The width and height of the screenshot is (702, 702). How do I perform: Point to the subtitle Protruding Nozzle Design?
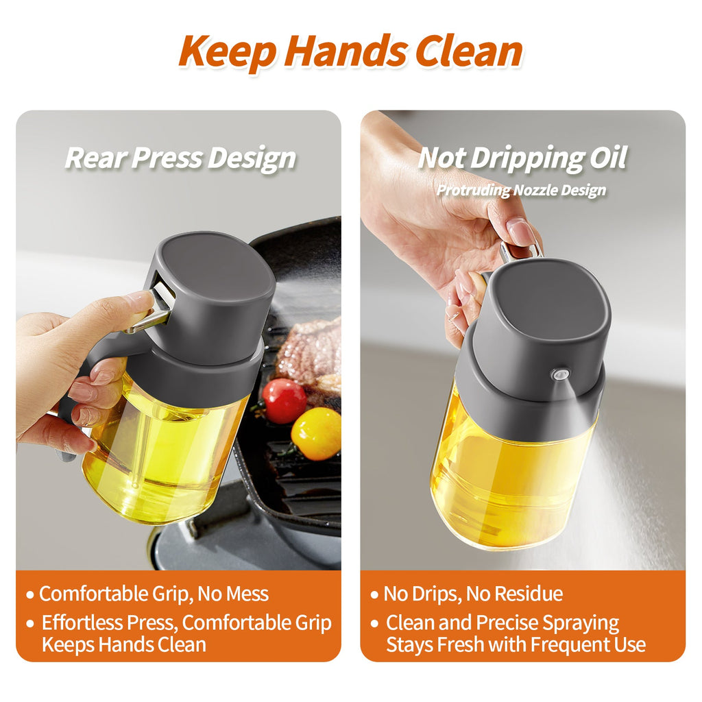(x=522, y=190)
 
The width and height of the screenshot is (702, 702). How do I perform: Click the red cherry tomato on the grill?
(x=285, y=400)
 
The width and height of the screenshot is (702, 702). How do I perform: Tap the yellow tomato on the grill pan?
(x=316, y=433)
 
